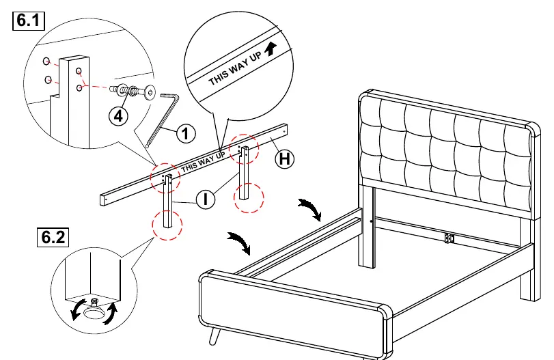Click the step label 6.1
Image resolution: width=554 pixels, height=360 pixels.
(29, 20)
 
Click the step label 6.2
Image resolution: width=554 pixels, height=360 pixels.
(53, 237)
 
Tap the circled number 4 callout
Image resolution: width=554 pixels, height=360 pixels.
(118, 115)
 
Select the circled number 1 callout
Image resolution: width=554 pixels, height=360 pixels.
(186, 133)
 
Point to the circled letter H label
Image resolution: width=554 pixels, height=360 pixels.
(285, 158)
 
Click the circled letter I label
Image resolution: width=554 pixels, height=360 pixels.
(206, 199)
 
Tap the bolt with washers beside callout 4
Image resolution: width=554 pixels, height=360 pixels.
(133, 91)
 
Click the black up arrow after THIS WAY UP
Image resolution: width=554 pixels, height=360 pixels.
(271, 49)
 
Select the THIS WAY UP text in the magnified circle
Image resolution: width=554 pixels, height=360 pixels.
(235, 68)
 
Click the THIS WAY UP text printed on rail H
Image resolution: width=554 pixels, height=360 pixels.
(203, 162)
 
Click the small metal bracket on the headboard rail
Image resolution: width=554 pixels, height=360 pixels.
(449, 238)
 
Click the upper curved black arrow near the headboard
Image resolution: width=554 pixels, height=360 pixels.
(311, 209)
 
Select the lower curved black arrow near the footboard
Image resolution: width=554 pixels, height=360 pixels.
(240, 243)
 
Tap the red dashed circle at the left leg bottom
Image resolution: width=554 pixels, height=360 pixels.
(167, 225)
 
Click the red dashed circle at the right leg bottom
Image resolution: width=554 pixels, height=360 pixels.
(249, 197)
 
